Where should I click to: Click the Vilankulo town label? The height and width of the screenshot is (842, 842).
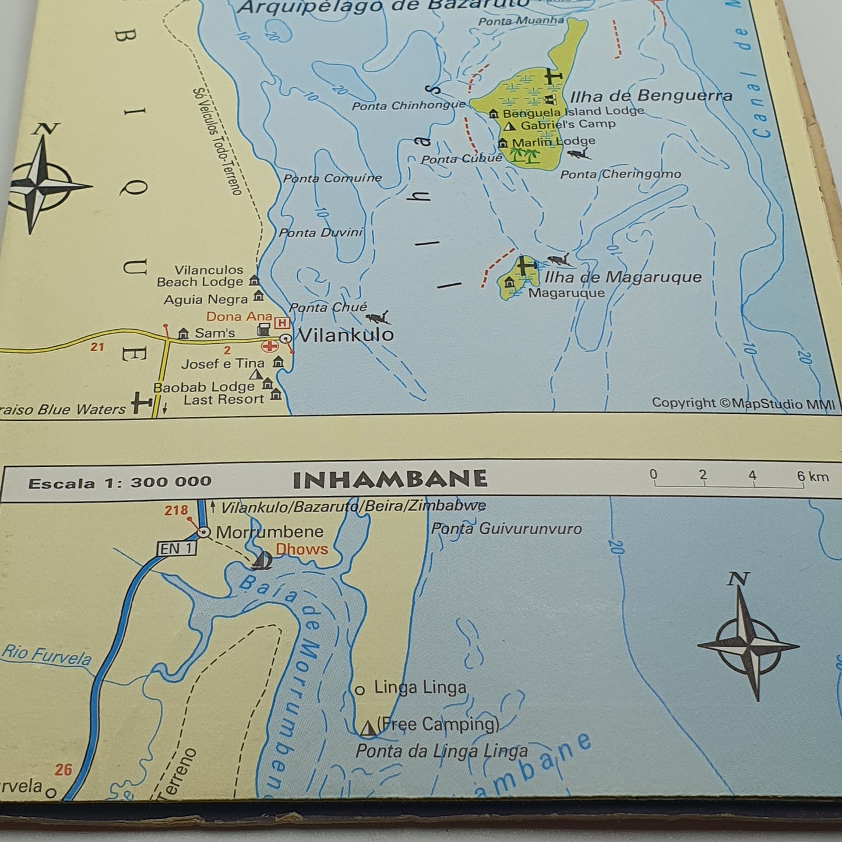pos(346,335)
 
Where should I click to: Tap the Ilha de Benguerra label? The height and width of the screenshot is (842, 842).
pos(650,96)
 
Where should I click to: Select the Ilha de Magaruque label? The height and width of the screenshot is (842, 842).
pos(622,277)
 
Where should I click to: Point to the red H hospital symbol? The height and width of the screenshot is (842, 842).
pos(282,323)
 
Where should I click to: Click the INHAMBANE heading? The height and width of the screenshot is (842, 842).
pos(389,480)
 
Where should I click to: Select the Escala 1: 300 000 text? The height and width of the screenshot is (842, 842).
pos(119,482)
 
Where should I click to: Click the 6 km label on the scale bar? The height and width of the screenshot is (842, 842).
pos(813,477)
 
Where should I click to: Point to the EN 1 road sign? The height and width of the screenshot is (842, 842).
pos(176,548)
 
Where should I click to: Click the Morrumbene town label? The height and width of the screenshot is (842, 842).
pos(269,532)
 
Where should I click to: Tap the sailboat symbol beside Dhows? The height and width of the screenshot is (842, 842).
pos(262,561)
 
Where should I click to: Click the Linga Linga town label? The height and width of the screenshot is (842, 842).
pos(420,688)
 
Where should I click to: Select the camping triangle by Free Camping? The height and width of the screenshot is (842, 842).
pos(368,728)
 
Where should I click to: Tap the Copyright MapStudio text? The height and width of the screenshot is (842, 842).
pos(743,403)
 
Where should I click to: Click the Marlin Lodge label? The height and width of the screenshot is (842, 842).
pos(553,142)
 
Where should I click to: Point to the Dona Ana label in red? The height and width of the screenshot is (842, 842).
pos(239,316)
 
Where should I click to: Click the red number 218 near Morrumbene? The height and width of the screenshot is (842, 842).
pos(176,510)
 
